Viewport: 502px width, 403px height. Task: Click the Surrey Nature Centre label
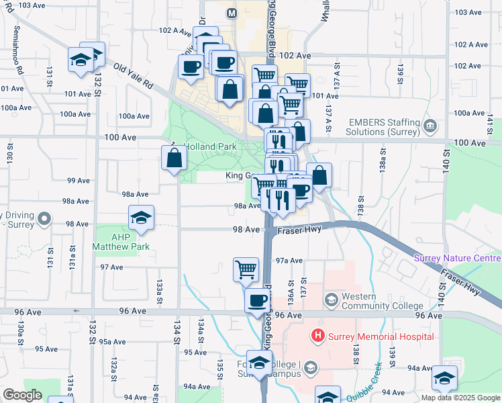point(456,258)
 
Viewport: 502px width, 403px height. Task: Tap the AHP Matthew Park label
point(121,241)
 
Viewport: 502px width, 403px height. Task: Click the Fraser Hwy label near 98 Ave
point(300,229)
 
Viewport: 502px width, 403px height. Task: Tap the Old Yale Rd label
point(134,78)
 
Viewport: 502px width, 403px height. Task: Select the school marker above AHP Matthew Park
point(142,218)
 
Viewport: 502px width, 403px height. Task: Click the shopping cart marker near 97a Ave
point(246,269)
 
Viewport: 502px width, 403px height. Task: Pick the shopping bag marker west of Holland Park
point(174,158)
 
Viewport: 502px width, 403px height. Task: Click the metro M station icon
point(232,13)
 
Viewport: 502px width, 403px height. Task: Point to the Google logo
point(22,395)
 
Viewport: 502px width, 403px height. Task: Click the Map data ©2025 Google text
point(460,398)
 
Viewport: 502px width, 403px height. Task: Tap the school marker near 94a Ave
point(444,378)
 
